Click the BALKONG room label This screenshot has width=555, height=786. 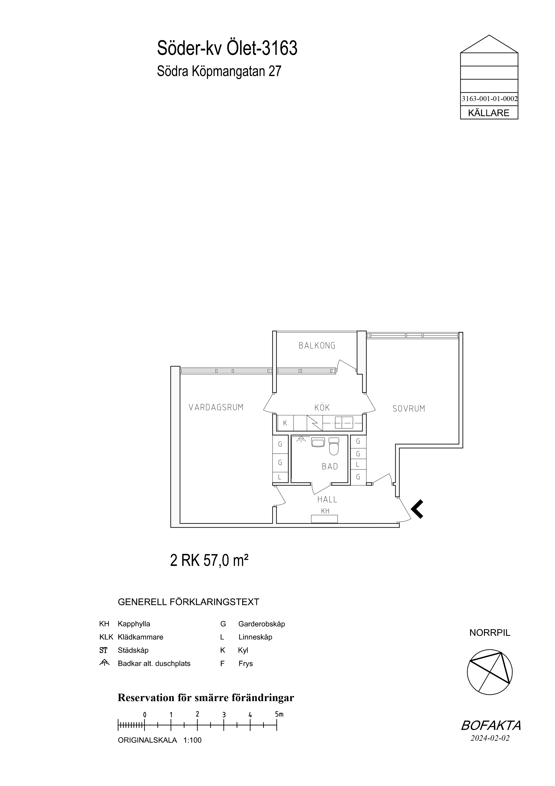tap(317, 345)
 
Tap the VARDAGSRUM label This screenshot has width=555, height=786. tap(216, 407)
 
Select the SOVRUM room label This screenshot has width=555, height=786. tap(409, 408)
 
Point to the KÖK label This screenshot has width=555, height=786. tap(322, 407)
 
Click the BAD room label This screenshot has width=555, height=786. tap(330, 466)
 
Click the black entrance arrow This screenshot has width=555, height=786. tap(417, 509)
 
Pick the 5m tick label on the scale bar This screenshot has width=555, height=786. tap(279, 715)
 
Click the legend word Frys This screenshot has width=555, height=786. tap(246, 664)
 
